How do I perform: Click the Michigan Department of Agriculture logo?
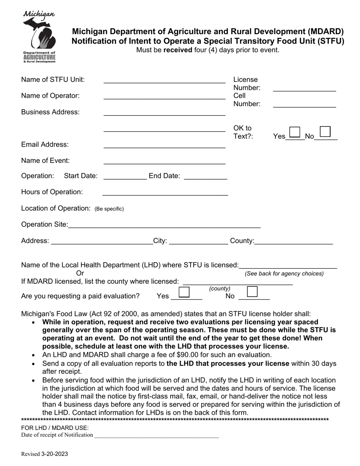[39, 37]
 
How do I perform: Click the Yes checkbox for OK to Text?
[294, 132]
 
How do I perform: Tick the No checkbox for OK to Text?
[325, 131]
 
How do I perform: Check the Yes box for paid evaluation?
[184, 292]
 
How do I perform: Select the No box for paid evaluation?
[252, 292]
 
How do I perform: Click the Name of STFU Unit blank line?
[164, 80]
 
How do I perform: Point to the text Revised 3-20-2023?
[45, 454]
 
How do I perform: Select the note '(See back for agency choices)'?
[284, 274]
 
